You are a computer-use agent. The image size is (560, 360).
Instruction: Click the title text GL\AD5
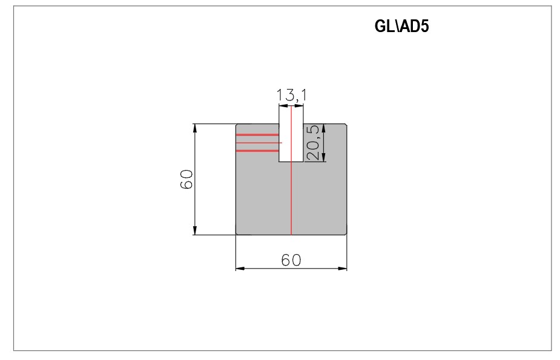click(x=401, y=26)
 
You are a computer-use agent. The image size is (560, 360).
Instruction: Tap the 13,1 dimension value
click(x=291, y=95)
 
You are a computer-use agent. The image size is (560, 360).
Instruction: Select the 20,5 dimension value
click(x=313, y=142)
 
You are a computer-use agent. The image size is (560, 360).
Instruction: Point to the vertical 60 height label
click(x=187, y=179)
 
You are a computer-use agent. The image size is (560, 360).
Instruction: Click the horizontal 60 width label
click(x=291, y=260)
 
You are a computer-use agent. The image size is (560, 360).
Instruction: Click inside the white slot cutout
click(x=291, y=134)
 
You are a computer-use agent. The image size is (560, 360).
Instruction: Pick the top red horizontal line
click(x=257, y=135)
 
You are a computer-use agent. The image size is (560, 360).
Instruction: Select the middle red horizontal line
click(x=259, y=143)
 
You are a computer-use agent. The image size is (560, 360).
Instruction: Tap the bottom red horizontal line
click(x=257, y=151)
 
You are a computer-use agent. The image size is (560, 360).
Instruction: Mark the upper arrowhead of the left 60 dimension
click(x=195, y=128)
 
